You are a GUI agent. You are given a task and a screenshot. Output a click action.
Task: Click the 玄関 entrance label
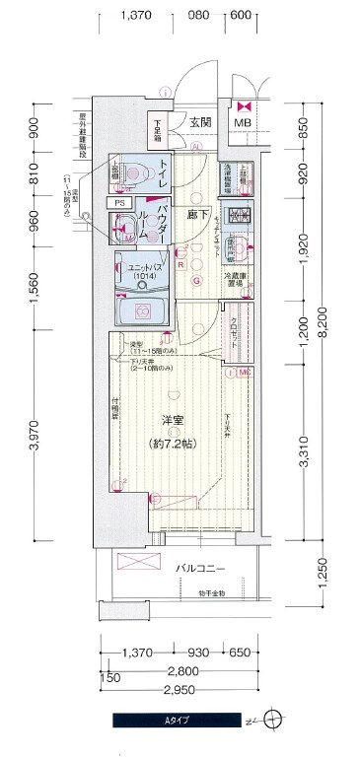[x=201, y=122]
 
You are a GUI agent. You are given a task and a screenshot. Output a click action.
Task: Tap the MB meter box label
[x=242, y=122]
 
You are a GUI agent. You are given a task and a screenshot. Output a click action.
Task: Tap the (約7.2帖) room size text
[x=176, y=445]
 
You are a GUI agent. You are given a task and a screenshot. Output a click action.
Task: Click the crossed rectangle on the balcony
[x=137, y=565]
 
